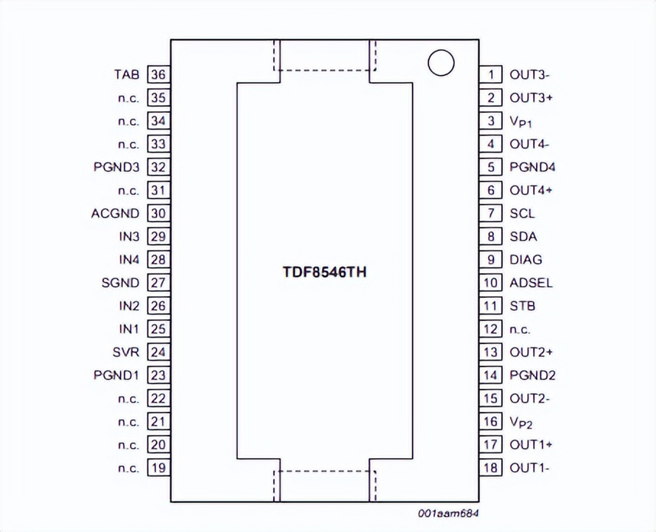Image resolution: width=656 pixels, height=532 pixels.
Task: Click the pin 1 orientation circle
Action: (x=441, y=63)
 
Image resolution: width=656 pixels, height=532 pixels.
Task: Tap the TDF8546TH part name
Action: (x=324, y=272)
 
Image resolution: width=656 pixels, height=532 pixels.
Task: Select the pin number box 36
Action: (x=158, y=75)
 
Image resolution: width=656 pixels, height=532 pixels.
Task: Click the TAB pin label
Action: (x=127, y=75)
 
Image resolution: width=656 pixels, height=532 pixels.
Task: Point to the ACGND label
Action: (x=115, y=214)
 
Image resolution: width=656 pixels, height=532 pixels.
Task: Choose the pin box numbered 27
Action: (x=158, y=283)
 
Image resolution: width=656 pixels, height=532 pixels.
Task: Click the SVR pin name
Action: (x=126, y=352)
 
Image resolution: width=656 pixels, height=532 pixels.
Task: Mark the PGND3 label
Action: (x=116, y=167)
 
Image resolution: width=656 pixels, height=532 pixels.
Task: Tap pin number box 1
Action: (x=491, y=75)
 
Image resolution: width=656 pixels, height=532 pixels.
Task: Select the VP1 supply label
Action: (x=521, y=121)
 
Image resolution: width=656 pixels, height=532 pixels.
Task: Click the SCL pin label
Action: (x=522, y=214)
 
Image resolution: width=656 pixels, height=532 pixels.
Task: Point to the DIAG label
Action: (x=526, y=260)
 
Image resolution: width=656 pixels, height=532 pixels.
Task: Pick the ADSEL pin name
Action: (x=531, y=283)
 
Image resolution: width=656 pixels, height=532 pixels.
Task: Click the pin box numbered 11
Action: (x=491, y=306)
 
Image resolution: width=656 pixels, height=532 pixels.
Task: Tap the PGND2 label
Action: (x=532, y=376)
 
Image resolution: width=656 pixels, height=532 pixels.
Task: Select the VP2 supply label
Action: (x=521, y=422)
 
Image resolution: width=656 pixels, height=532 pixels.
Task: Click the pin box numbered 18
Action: (x=491, y=468)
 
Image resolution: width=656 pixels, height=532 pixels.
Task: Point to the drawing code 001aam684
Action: (x=448, y=514)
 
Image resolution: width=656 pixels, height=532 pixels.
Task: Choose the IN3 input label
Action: (x=129, y=237)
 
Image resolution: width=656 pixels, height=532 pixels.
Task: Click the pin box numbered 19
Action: (x=158, y=468)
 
